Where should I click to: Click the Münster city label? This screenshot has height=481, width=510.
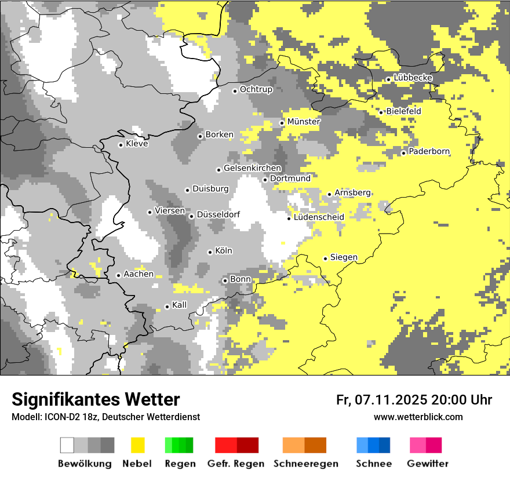[x=304, y=122]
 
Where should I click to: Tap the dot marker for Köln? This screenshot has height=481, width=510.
[x=210, y=252]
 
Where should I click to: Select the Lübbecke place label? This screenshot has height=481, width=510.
[x=413, y=78]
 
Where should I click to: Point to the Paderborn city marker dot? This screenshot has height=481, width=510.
[x=403, y=152]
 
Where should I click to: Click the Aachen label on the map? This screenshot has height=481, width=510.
[x=139, y=274]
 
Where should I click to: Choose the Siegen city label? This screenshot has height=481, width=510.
[x=344, y=257]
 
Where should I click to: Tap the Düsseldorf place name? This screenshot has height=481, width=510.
[x=218, y=214]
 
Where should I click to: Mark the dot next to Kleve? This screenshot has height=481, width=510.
[x=121, y=145]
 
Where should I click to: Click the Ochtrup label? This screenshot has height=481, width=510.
[x=256, y=89]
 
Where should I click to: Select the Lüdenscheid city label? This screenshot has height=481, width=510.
[x=319, y=217]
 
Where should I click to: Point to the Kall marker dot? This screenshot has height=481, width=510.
[x=167, y=307]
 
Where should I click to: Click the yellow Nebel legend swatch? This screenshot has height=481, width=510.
[x=138, y=445]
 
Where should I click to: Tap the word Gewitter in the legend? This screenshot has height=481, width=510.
[x=427, y=464]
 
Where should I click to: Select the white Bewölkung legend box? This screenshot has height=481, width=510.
[x=67, y=445]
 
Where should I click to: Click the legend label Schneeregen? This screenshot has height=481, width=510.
[x=306, y=464]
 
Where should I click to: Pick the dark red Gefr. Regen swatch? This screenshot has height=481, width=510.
[x=247, y=445]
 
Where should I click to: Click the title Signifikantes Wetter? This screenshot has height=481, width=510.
[x=96, y=399]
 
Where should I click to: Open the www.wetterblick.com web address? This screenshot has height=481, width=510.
[x=418, y=417]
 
